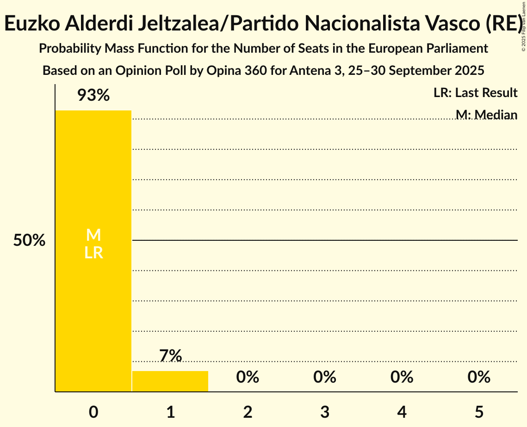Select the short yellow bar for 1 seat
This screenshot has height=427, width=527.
click(170, 381)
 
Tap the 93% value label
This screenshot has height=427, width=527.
click(93, 96)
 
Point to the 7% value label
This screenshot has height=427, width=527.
click(170, 356)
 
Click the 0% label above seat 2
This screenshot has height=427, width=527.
click(248, 377)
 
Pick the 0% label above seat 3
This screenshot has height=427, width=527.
click(325, 377)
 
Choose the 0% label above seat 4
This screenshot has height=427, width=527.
click(402, 377)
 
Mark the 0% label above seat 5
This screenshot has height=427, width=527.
click(479, 377)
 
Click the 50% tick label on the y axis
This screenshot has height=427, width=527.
click(29, 241)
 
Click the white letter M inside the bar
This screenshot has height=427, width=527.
click(93, 235)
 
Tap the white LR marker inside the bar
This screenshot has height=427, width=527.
click(93, 253)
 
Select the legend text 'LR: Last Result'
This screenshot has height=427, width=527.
click(475, 93)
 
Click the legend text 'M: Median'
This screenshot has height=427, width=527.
click(486, 115)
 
